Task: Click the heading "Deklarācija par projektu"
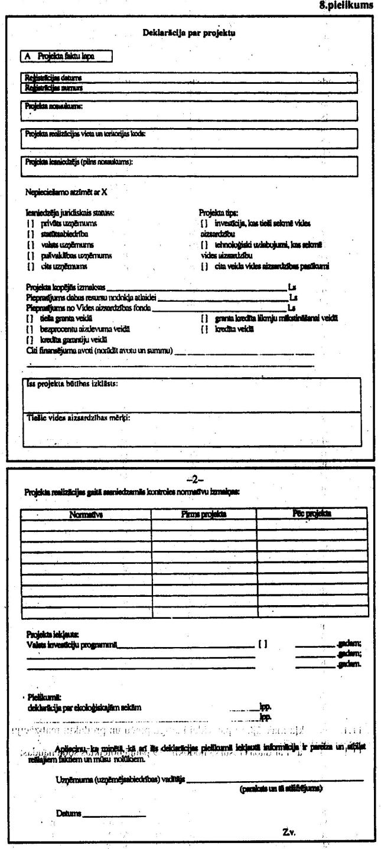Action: [x=190, y=33]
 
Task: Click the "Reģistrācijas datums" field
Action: [x=189, y=78]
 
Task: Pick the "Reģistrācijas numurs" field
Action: [x=189, y=88]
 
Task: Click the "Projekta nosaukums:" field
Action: [x=189, y=110]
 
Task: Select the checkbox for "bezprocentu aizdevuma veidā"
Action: [x=29, y=328]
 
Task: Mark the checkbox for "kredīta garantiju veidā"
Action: [x=29, y=339]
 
